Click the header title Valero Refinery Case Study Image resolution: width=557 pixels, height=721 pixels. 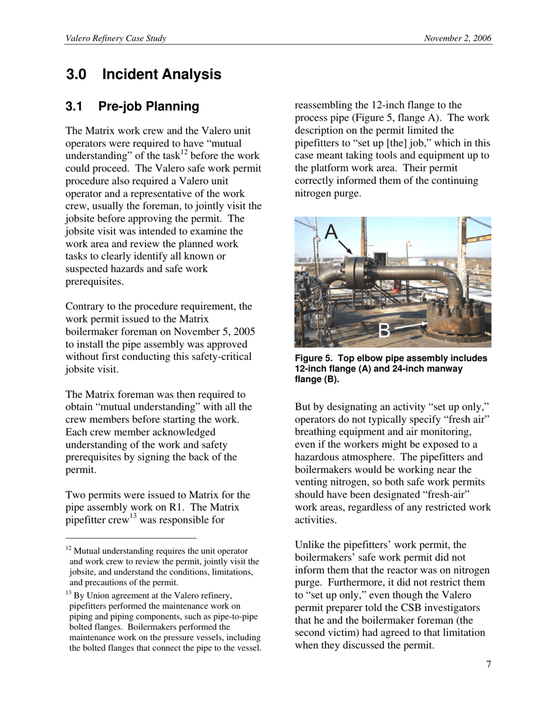[116, 39]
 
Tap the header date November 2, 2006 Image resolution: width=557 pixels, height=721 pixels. [457, 39]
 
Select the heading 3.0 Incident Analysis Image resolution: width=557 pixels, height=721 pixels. [144, 74]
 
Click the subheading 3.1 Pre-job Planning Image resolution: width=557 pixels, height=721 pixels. [133, 106]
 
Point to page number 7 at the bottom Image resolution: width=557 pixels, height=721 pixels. [488, 664]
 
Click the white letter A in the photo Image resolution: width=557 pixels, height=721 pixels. [331, 232]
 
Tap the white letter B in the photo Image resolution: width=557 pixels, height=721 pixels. [384, 331]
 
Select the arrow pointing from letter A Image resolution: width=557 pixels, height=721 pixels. [345, 246]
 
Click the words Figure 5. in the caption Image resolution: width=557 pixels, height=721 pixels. [314, 358]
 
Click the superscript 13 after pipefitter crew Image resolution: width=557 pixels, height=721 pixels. [133, 516]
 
